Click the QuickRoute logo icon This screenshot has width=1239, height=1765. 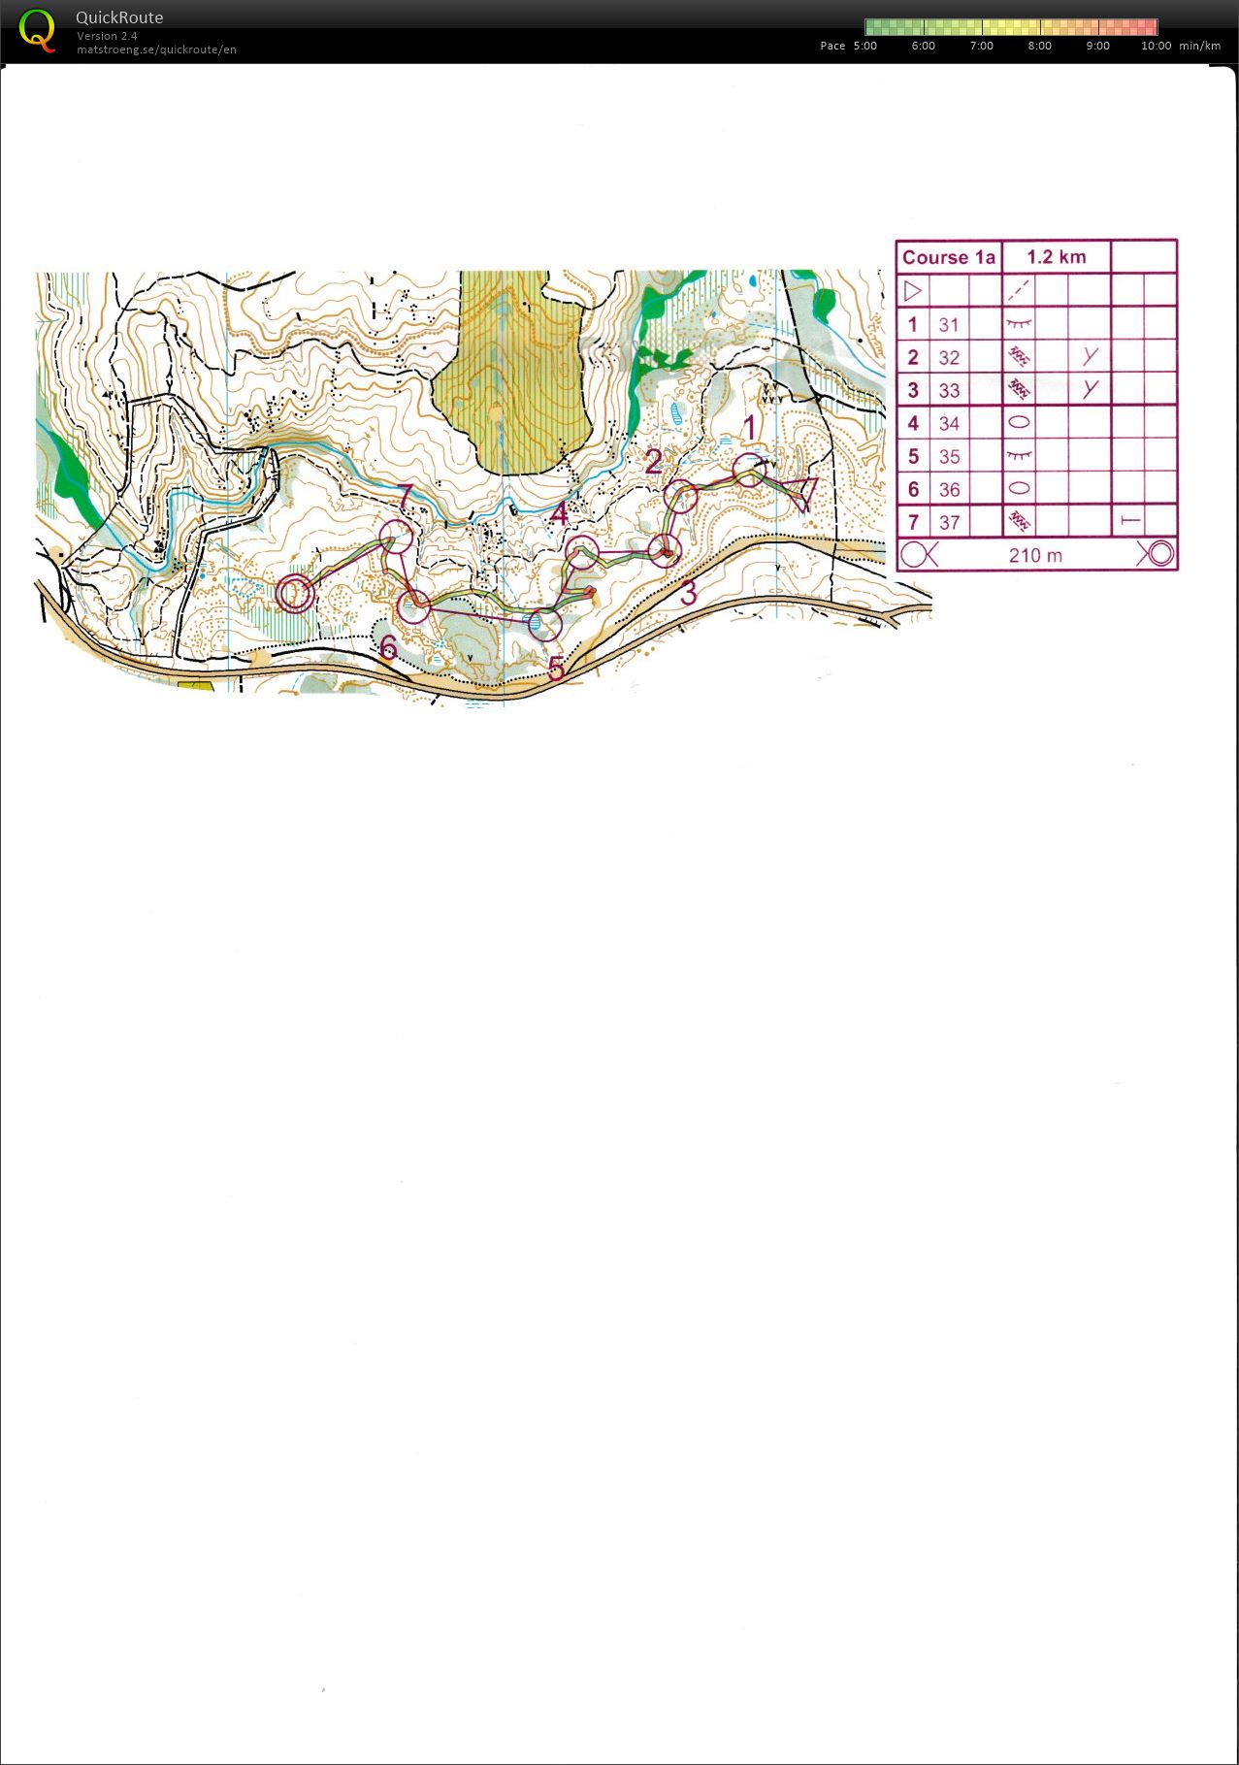pos(37,30)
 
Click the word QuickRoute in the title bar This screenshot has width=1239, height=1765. pos(119,17)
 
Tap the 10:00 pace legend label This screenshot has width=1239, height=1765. pos(1156,46)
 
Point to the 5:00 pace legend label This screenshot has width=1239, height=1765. pos(864,46)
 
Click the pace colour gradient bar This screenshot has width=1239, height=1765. pos(1011,27)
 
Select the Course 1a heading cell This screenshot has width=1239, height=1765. pos(948,257)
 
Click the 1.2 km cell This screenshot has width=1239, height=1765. pos(1056,257)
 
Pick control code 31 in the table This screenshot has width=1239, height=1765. pos(949,325)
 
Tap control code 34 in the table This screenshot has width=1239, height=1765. pos(949,424)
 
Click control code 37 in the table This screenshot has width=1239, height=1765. pos(949,523)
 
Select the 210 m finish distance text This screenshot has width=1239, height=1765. pos(1035,556)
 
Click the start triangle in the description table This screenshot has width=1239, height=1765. pos(912,290)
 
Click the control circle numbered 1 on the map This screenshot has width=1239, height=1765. pos(749,471)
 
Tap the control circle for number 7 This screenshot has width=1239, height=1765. pos(396,537)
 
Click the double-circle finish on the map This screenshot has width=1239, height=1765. pos(295,593)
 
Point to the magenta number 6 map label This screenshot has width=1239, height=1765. pos(388,647)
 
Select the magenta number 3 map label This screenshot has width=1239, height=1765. pos(688,593)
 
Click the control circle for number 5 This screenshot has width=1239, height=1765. pos(545,624)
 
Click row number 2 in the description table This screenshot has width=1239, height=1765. pos(912,358)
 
